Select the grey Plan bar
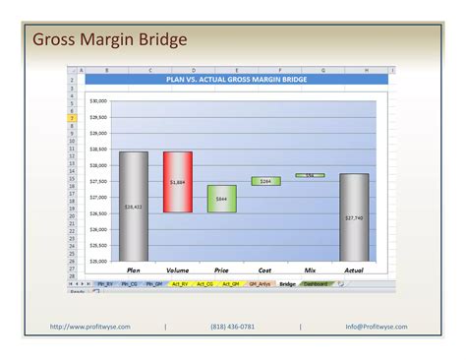tap(133, 206)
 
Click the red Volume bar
tap(178, 182)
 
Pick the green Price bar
tap(221, 199)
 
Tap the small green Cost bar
tap(265, 181)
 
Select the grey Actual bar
tap(354, 216)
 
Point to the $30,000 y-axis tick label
tap(98, 101)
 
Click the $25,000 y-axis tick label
tap(98, 262)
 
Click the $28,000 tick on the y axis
tap(98, 165)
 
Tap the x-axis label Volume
tap(178, 270)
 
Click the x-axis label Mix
tap(310, 270)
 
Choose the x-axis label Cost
tap(265, 270)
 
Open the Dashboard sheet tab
tap(317, 283)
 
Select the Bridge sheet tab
tap(287, 283)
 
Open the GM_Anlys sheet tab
tap(259, 283)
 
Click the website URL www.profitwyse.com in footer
tap(90, 327)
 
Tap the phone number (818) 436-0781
tap(233, 327)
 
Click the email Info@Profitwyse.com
tap(376, 327)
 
